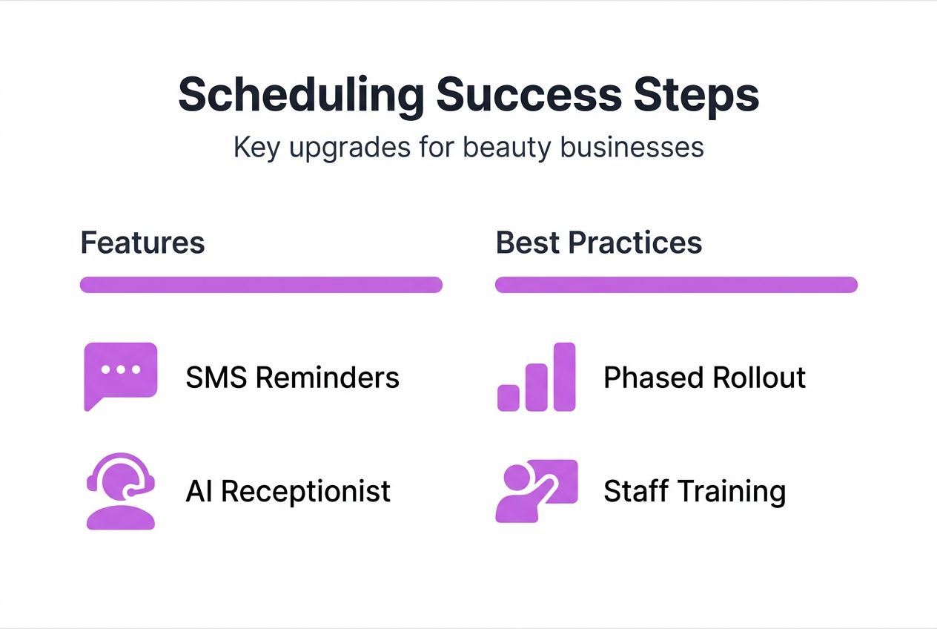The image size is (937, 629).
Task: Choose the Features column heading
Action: (x=142, y=243)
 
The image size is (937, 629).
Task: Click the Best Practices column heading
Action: (x=599, y=243)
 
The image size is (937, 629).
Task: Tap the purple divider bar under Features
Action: (x=261, y=285)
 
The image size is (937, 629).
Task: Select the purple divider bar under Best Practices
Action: (x=676, y=285)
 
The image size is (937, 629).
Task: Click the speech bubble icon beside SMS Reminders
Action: (x=121, y=373)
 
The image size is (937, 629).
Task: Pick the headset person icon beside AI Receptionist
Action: (x=121, y=491)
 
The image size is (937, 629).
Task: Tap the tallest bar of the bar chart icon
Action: (x=565, y=376)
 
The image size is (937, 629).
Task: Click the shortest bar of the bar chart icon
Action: (x=509, y=397)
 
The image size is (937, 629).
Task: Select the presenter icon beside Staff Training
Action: (x=536, y=490)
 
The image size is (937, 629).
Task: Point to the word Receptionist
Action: (x=306, y=491)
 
